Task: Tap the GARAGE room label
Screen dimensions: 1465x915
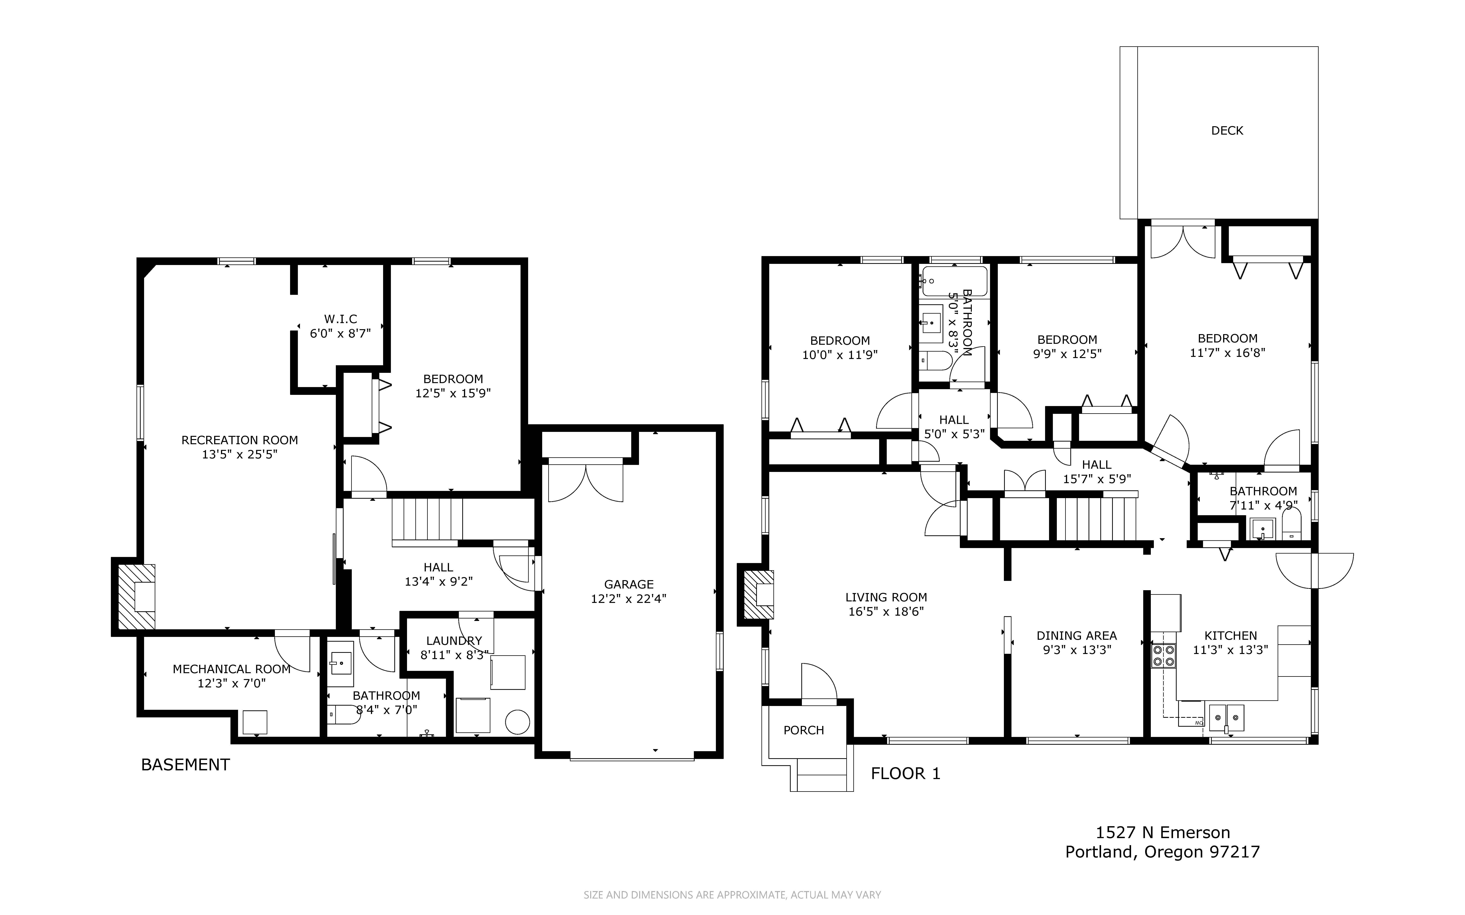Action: coord(629,584)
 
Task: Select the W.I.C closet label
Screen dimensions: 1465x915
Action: coord(341,319)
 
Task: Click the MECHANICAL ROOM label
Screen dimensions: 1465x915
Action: coord(232,669)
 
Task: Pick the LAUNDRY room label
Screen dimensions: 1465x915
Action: coord(454,641)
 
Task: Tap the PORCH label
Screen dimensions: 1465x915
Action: coord(804,730)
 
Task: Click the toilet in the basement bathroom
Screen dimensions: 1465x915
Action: coord(344,715)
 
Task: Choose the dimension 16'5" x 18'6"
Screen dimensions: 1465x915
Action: coord(886,612)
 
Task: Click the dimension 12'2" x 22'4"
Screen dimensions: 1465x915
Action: coord(629,599)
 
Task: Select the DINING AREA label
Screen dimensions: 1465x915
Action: coord(1077,636)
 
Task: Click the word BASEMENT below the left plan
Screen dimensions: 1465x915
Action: coord(185,765)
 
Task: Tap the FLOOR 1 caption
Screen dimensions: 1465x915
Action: coord(905,773)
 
